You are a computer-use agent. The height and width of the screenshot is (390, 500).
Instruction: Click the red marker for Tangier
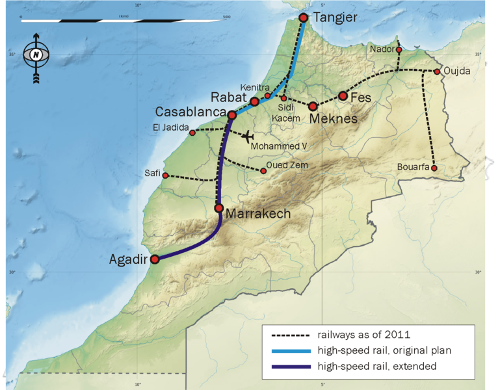303,18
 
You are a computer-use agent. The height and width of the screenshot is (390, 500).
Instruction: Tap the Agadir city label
129,259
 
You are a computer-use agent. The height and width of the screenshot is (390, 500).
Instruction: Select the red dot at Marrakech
219,208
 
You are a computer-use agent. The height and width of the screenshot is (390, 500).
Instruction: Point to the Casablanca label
189,112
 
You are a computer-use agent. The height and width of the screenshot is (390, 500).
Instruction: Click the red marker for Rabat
255,102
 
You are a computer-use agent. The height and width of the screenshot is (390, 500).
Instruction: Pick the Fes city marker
343,96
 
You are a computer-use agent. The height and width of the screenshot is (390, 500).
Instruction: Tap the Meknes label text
334,119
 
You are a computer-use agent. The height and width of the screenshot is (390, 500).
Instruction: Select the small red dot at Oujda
437,71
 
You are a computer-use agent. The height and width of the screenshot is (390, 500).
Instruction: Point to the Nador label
381,49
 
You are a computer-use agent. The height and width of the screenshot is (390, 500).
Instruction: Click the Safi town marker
165,175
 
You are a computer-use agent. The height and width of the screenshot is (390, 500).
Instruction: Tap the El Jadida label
170,127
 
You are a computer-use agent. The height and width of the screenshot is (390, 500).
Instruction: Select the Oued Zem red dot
263,171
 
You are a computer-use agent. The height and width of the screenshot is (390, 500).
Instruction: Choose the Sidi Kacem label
289,112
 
